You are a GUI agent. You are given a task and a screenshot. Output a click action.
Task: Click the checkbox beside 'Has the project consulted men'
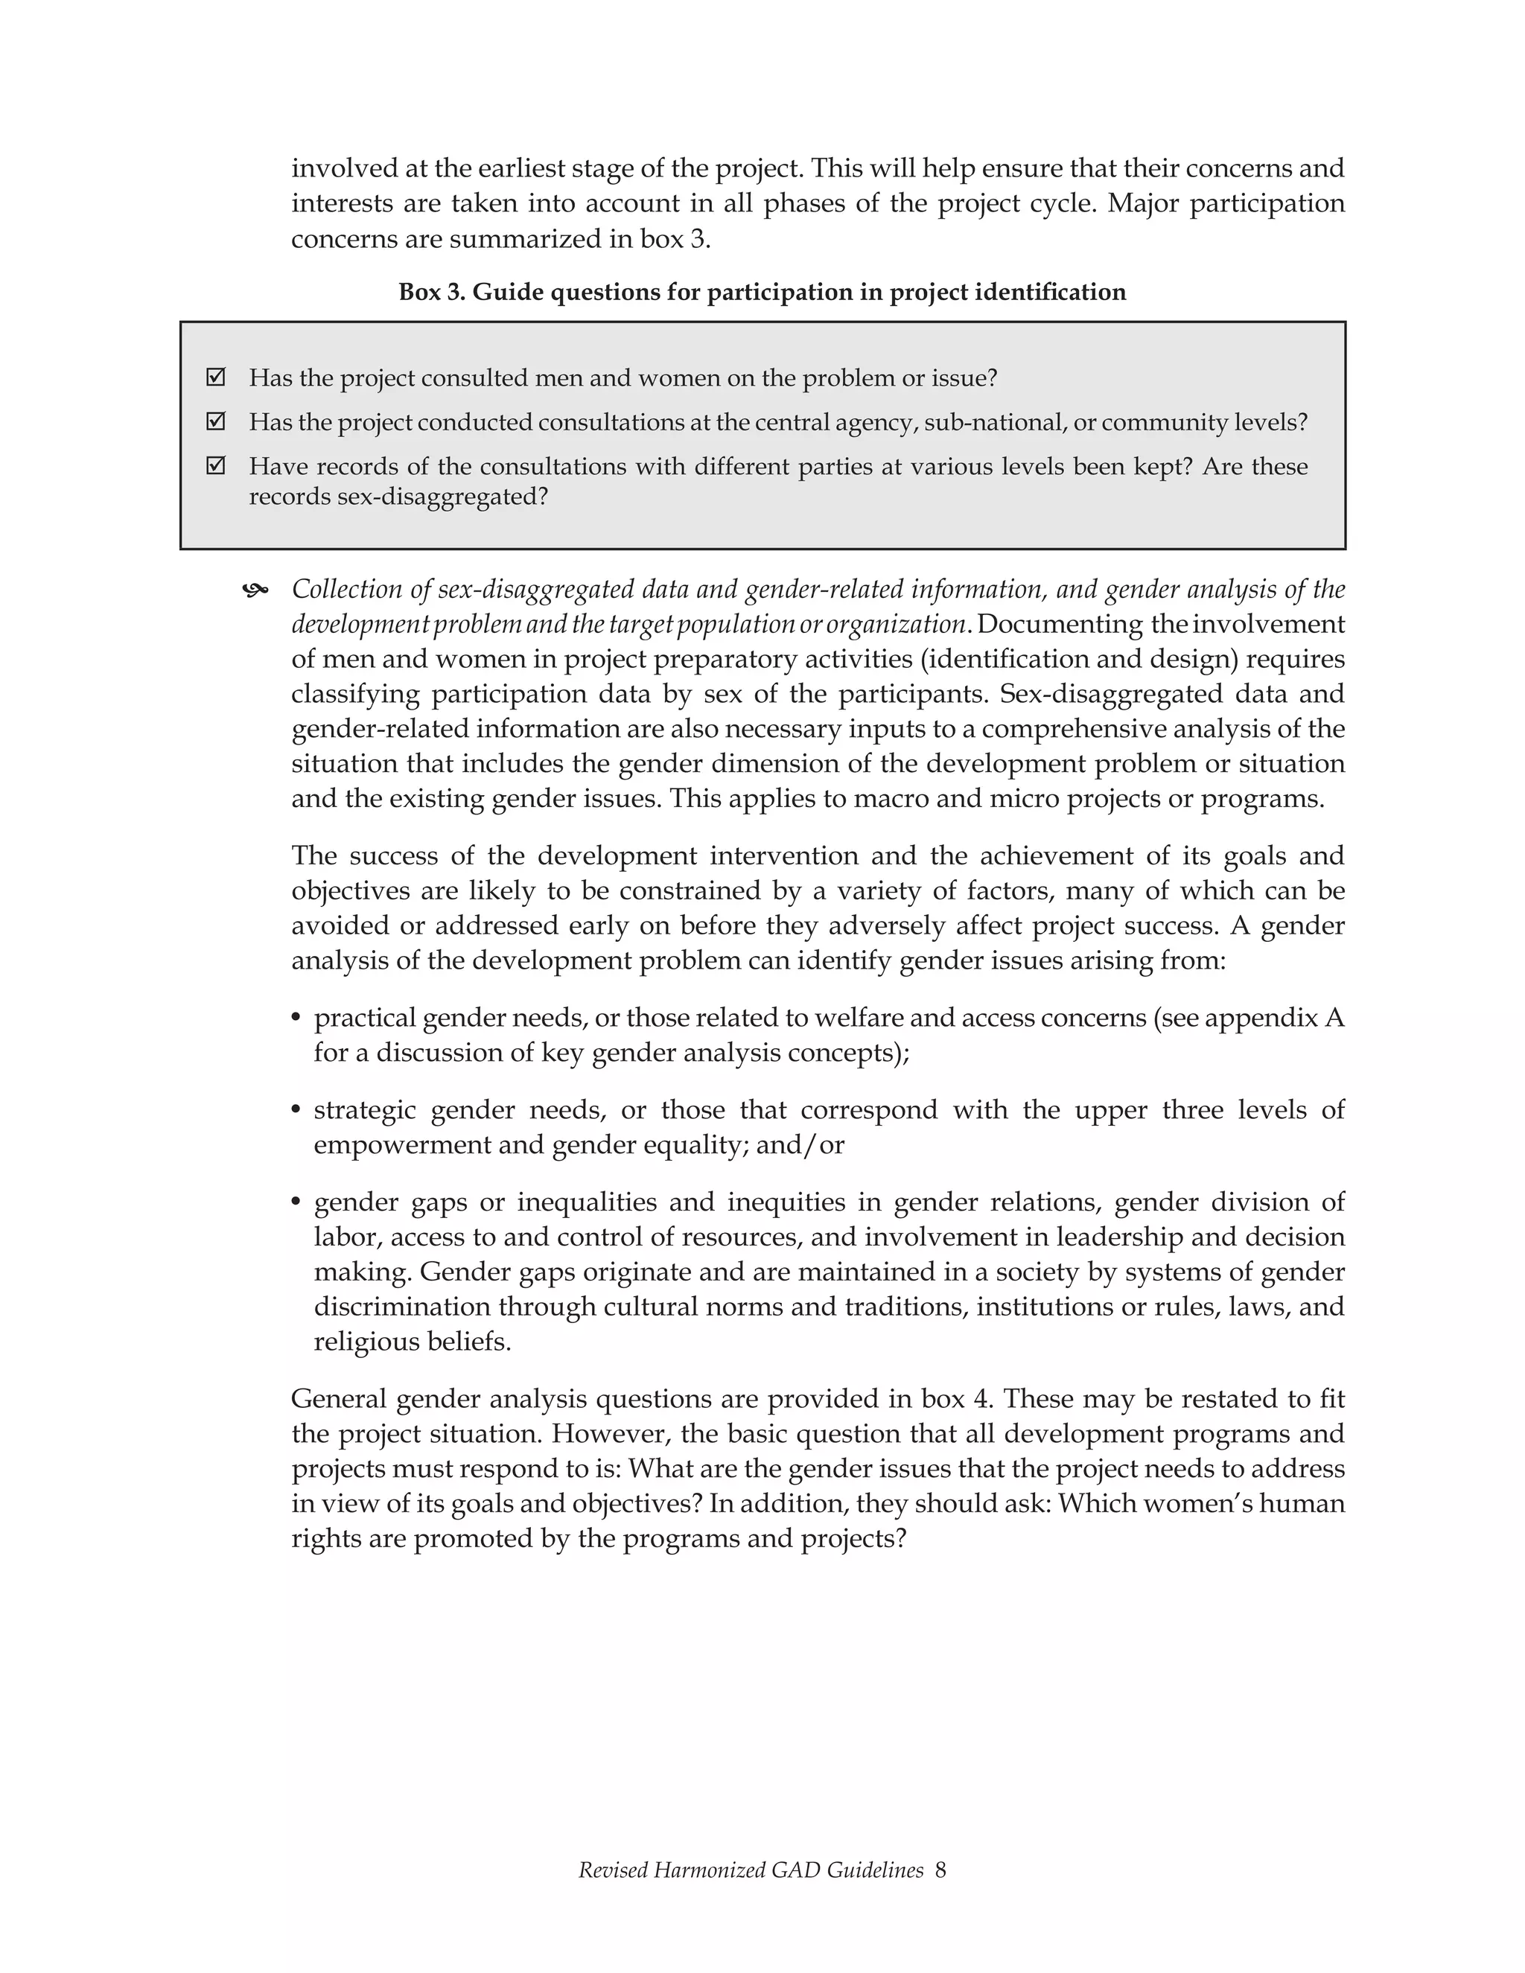pos(215,377)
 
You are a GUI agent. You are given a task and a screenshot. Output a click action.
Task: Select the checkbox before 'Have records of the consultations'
pos(215,466)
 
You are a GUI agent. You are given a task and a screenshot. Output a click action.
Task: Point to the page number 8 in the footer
pos(940,1870)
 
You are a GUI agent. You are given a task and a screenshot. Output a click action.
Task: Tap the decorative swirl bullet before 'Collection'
pos(255,591)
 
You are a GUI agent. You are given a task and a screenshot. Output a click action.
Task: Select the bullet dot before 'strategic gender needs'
pos(296,1110)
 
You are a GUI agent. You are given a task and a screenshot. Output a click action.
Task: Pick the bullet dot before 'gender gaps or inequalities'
pos(296,1203)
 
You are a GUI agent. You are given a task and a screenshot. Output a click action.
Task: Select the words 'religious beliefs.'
pos(412,1342)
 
